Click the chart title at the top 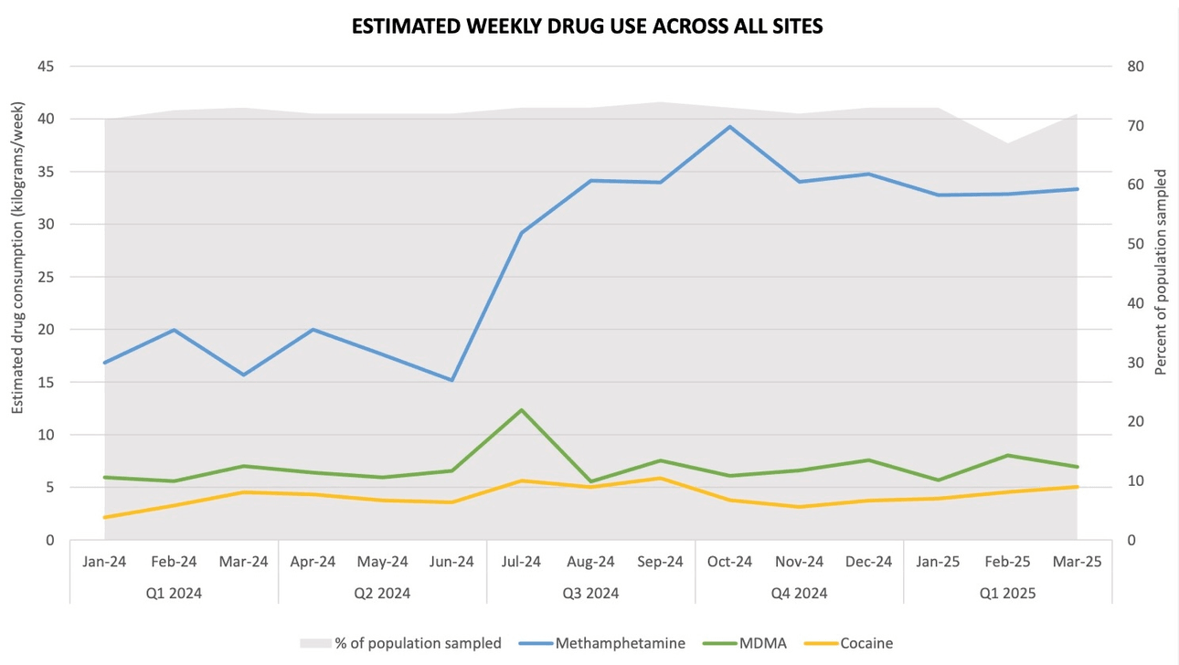point(588,26)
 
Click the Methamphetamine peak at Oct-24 point(729,127)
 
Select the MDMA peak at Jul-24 point(521,410)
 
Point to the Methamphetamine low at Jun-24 point(451,380)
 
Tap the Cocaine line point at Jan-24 point(105,517)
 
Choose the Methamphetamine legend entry point(602,643)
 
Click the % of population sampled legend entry point(401,643)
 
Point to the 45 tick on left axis point(44,67)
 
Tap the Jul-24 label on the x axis point(521,562)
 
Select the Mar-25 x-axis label point(1077,562)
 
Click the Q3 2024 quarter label point(590,593)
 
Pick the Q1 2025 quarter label point(1007,593)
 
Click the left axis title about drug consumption point(17,302)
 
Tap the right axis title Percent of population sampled point(1162,271)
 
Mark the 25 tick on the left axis point(44,277)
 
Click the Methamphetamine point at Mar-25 point(1077,189)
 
